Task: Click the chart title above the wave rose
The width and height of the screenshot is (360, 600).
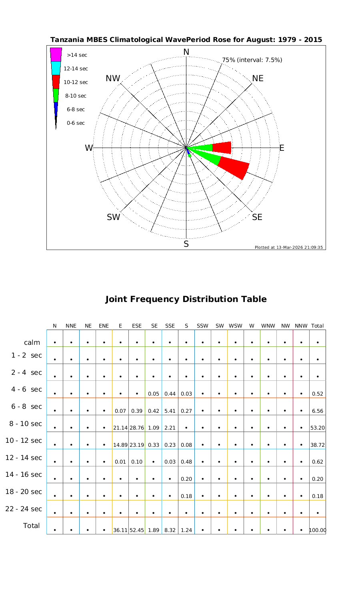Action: [x=186, y=40]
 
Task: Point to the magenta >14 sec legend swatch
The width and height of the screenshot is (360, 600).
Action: [x=56, y=54]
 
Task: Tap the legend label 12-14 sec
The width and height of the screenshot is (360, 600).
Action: [x=76, y=68]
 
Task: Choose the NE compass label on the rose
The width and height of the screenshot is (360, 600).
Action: [x=258, y=78]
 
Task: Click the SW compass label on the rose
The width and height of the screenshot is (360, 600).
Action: [x=114, y=217]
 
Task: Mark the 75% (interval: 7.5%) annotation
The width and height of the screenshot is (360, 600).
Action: [x=252, y=60]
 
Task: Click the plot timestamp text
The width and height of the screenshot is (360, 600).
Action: [x=288, y=247]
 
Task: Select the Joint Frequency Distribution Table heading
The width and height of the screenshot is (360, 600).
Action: [x=186, y=299]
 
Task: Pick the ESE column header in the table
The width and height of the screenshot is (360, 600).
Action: [x=137, y=326]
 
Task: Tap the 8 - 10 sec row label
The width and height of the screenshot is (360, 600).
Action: [x=24, y=424]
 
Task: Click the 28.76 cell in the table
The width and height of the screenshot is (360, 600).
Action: [x=137, y=428]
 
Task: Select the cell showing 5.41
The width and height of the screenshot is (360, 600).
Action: [x=170, y=410]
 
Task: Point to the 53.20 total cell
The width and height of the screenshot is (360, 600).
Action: [x=317, y=428]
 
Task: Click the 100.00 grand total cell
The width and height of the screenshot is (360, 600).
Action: [x=318, y=530]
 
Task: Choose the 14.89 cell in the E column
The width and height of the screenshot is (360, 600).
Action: [x=120, y=445]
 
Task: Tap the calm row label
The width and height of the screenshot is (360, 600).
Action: [x=32, y=342]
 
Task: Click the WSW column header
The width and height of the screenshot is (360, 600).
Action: [x=236, y=326]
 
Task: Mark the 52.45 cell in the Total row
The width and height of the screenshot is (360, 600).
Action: [x=137, y=530]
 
